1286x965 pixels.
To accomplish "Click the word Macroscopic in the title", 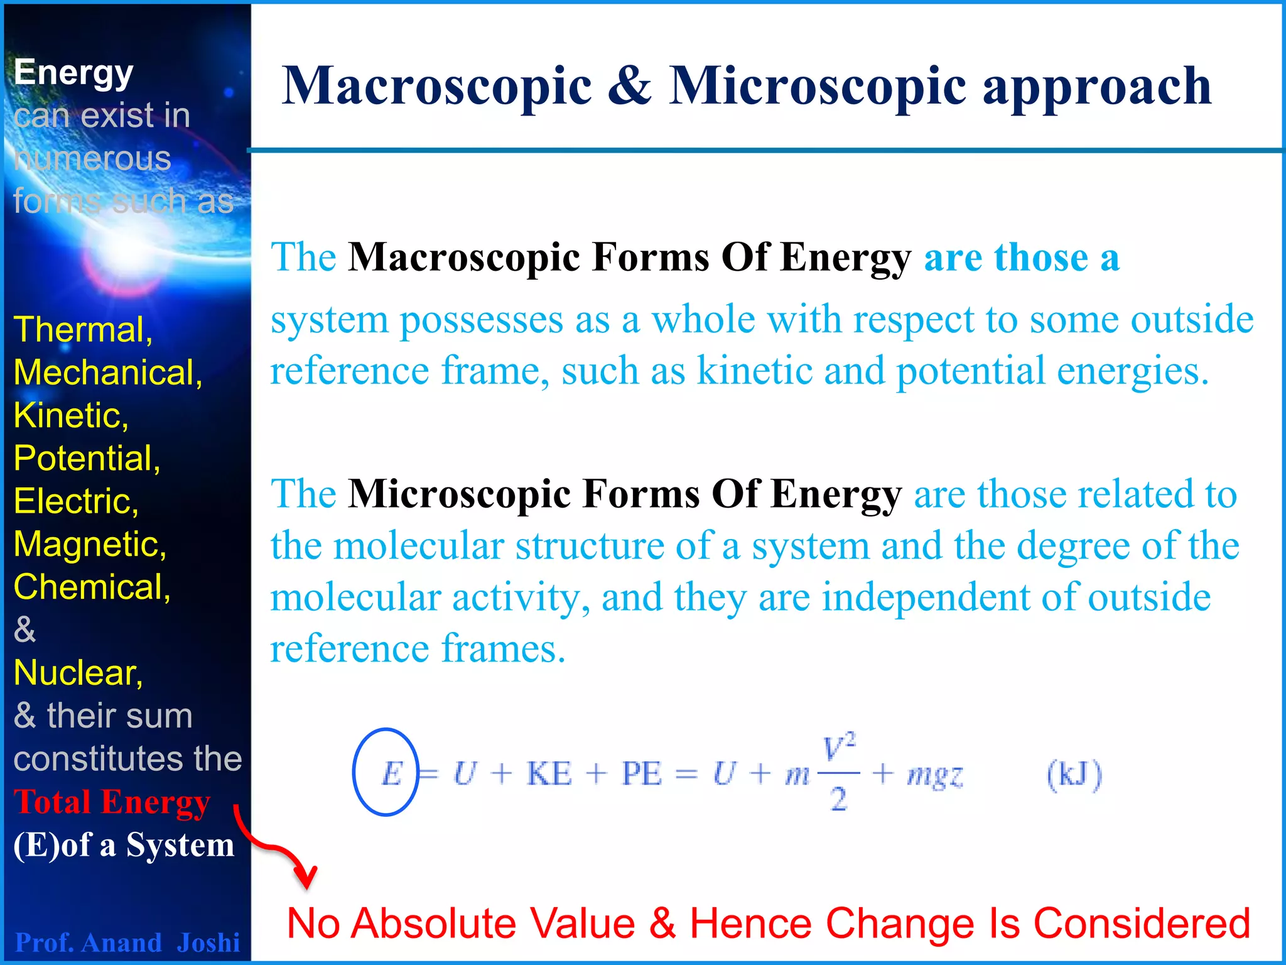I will click(x=437, y=86).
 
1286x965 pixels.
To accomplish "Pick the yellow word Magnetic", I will click(x=90, y=543).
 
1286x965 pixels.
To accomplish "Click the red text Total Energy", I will click(x=112, y=802).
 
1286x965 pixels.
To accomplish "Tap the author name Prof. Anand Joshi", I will click(x=127, y=942).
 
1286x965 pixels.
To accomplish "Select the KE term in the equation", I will click(x=549, y=773).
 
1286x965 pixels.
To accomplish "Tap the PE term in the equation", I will click(x=642, y=773).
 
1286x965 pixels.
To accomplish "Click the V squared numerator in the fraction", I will click(x=839, y=748).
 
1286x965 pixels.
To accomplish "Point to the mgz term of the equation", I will click(x=934, y=775).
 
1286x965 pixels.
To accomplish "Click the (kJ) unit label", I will click(x=1074, y=775).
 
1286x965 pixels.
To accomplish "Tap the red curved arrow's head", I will click(x=307, y=877).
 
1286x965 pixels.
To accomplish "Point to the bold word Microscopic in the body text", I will click(x=459, y=494).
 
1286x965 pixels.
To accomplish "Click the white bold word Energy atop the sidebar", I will click(x=73, y=72).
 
